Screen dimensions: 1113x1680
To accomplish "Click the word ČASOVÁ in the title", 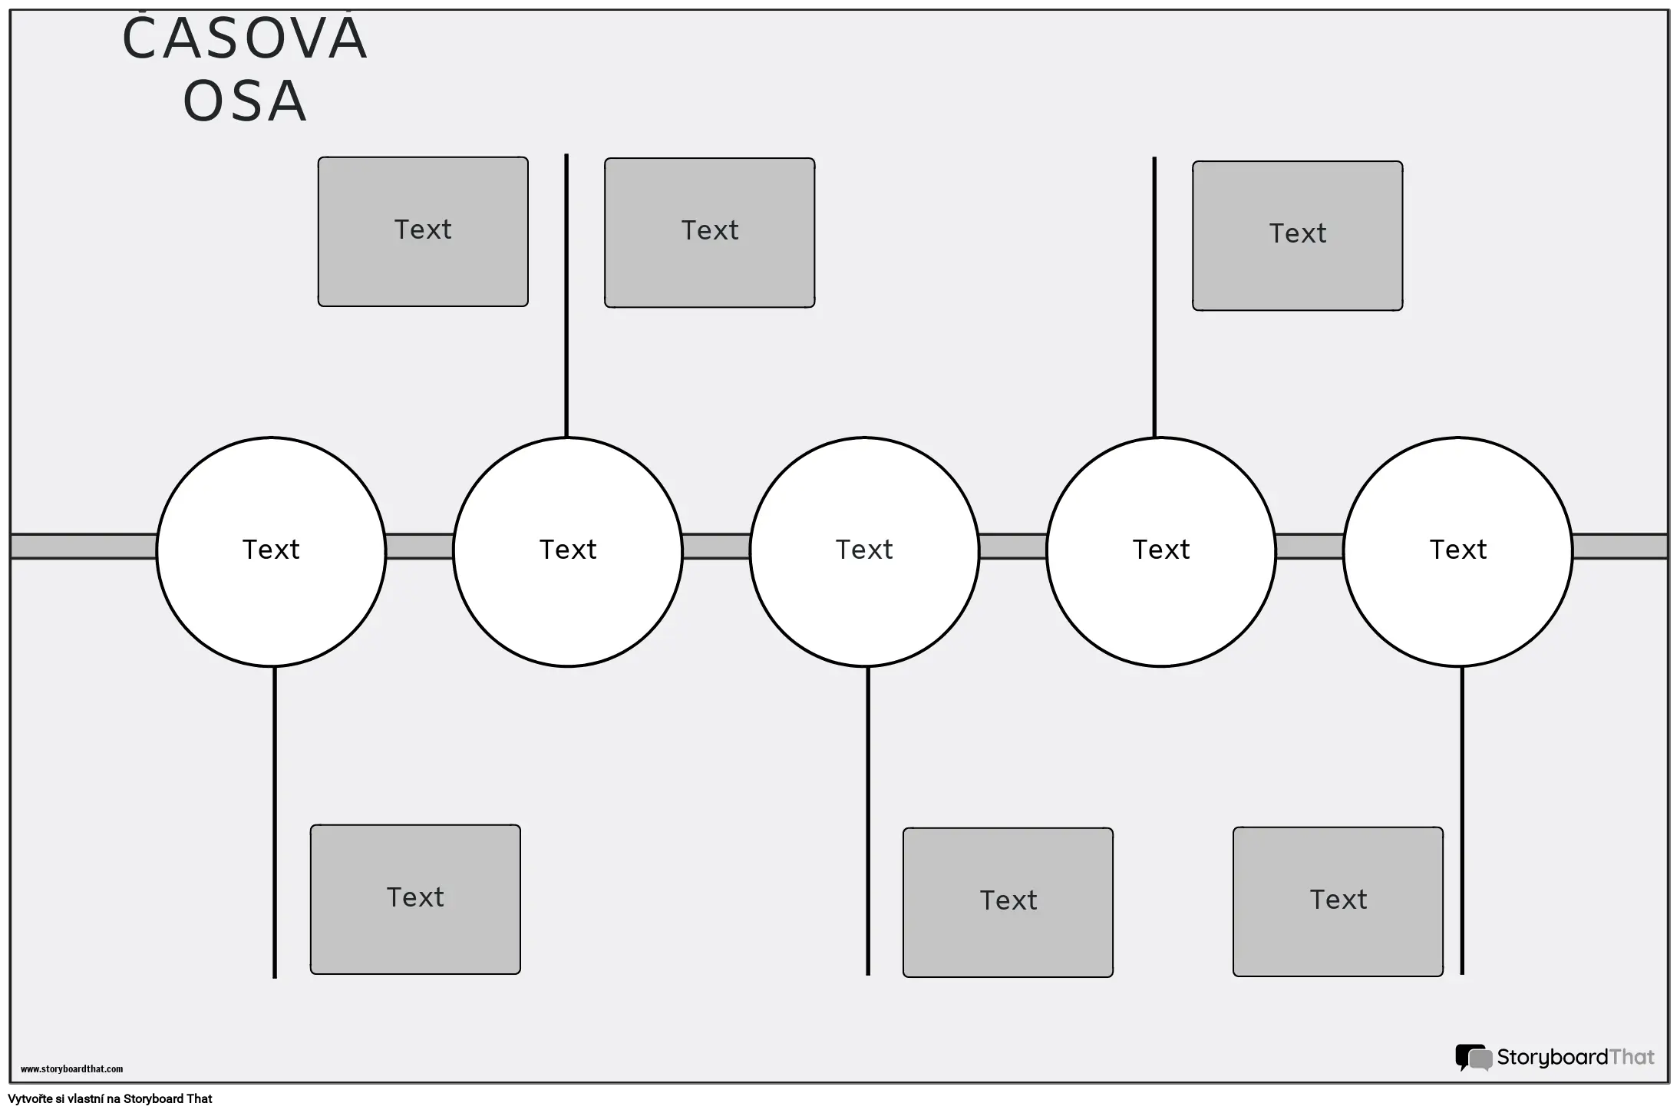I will tap(245, 40).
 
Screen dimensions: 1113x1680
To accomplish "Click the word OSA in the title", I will tap(245, 101).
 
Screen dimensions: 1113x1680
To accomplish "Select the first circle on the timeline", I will tap(271, 550).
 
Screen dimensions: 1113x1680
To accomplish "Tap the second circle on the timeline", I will tap(568, 550).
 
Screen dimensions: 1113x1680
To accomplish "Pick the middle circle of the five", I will tap(864, 550).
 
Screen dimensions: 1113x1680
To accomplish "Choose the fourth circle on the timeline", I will tap(1161, 550).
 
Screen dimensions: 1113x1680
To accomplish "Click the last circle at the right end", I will tap(1457, 550).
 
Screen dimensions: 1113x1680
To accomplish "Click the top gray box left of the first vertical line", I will tap(423, 231).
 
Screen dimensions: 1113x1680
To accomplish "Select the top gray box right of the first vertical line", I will tap(709, 232).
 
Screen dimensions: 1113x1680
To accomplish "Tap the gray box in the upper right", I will tap(1297, 235).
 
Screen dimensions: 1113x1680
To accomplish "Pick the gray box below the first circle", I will tap(415, 899).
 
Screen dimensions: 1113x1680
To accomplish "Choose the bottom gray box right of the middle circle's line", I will tap(1008, 901).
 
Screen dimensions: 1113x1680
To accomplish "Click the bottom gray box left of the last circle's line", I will tap(1338, 900).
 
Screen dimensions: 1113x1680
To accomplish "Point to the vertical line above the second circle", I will tap(566, 296).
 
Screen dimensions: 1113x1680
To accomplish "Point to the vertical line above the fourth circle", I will tap(1154, 298).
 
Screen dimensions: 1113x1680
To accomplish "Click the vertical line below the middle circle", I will tap(868, 821).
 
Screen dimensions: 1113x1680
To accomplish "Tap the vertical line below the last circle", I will tap(1461, 821).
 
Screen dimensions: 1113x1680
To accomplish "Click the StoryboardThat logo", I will tap(1555, 1057).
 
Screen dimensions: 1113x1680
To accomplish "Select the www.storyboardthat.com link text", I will tap(71, 1068).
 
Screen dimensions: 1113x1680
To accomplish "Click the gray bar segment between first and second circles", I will tap(419, 547).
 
